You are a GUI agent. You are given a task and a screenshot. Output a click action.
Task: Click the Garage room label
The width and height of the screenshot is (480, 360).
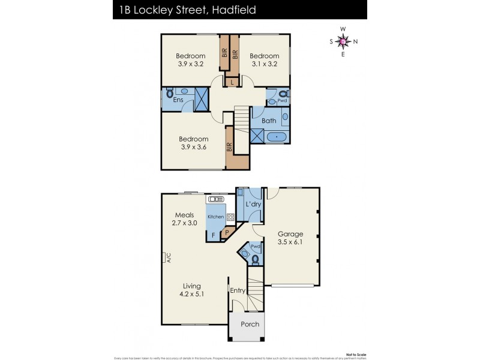pos(290,234)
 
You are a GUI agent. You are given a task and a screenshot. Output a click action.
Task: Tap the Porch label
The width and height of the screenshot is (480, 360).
pos(250,324)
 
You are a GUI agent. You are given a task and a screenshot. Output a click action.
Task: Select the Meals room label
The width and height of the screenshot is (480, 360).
pos(184,215)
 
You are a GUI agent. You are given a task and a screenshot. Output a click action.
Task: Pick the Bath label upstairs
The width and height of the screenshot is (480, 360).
pos(269,121)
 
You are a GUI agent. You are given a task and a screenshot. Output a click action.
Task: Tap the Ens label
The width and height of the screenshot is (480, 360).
pos(178,100)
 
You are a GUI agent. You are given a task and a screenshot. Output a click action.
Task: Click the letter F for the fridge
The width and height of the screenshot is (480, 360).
pos(213,236)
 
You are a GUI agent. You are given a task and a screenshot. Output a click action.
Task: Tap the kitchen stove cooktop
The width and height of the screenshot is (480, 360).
pos(230,217)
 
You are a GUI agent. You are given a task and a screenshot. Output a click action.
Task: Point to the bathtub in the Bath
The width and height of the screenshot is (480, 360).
pos(276,137)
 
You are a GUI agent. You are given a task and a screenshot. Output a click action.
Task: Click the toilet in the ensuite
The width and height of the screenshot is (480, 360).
pos(169,94)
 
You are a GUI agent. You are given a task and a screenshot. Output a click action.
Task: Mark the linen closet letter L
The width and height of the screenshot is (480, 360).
pos(232,82)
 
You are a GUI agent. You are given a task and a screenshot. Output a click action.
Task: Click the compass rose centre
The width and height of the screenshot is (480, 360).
pos(343,41)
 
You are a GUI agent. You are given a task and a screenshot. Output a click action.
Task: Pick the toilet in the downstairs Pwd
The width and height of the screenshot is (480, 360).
pos(256,260)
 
